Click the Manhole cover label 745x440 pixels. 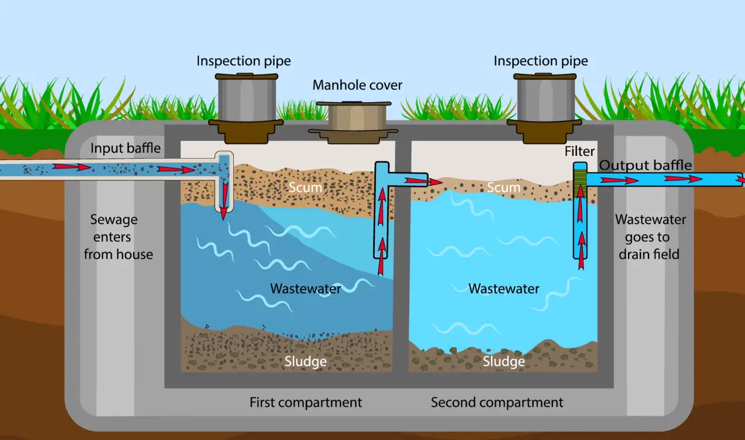357,85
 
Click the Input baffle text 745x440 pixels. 126,149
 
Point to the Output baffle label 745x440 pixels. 645,166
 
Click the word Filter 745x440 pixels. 579,152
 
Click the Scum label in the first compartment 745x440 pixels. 305,187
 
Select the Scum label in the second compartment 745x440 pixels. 503,187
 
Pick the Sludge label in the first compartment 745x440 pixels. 305,362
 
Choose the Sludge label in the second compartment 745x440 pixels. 504,362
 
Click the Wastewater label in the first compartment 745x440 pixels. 305,288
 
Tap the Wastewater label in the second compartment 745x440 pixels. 504,288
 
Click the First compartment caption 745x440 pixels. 305,403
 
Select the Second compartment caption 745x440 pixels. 497,403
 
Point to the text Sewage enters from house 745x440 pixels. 119,237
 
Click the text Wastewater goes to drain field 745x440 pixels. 650,236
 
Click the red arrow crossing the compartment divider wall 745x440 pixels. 424,182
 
